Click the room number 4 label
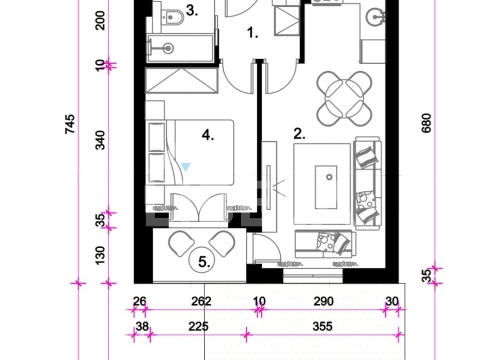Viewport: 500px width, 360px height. (208, 135)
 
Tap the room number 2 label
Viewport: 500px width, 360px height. (299, 134)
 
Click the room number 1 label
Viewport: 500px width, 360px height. (253, 32)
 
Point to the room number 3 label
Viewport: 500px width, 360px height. (192, 10)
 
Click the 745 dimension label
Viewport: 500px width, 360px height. (70, 124)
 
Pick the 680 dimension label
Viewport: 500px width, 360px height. (426, 123)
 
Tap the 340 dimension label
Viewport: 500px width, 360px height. (100, 140)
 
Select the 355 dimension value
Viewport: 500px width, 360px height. (322, 326)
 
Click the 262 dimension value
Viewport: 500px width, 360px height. (201, 301)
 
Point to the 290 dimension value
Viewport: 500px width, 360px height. (323, 301)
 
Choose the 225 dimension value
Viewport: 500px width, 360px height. (198, 326)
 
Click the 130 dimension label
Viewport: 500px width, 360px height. (100, 255)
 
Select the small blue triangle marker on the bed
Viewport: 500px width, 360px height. (185, 167)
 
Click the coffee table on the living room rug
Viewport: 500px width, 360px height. (326, 187)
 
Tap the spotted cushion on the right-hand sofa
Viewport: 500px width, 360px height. (365, 200)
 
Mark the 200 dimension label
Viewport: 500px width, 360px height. (100, 20)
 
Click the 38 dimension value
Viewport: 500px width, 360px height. (142, 326)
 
